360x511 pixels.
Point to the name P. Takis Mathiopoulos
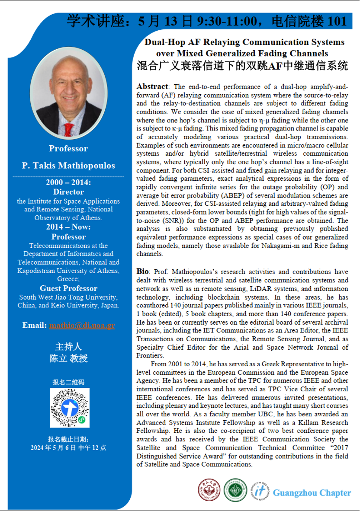(68, 166)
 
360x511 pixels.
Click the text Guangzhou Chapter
(312, 493)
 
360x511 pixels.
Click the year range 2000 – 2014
(68, 183)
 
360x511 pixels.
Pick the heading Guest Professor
(68, 288)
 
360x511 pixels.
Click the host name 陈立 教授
(68, 358)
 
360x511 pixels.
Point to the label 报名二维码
(68, 382)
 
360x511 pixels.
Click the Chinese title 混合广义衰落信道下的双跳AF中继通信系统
(242, 66)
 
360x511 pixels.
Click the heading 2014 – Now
(68, 227)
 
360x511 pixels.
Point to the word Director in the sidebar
(68, 192)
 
